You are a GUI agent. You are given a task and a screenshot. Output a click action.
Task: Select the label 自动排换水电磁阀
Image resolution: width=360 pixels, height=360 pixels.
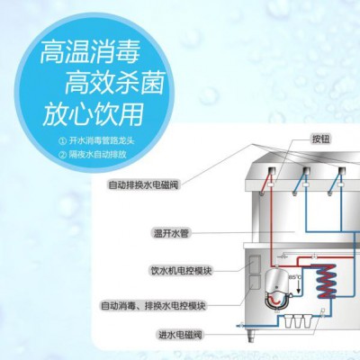click(143, 184)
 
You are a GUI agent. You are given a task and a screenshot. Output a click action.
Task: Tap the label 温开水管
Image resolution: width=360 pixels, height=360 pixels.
click(171, 233)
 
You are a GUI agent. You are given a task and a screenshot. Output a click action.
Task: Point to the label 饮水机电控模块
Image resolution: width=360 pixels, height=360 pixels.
click(180, 271)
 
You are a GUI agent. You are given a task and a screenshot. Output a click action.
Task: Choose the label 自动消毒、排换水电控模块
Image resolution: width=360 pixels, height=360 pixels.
click(153, 306)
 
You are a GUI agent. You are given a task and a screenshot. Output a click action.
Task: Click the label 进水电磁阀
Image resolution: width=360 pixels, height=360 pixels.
click(180, 334)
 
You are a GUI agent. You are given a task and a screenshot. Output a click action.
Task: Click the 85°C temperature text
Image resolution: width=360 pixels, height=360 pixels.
click(294, 276)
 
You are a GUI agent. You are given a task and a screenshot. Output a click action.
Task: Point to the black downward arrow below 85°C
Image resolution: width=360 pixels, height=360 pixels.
click(298, 287)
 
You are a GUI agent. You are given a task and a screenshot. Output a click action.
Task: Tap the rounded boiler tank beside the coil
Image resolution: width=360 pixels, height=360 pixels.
click(277, 289)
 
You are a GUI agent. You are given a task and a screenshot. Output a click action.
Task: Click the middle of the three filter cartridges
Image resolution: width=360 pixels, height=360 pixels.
click(297, 321)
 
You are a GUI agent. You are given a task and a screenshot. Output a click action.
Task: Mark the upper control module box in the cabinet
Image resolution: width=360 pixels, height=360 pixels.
click(255, 264)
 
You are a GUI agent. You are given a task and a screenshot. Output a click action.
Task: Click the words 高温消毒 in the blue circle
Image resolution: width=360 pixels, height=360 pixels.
click(90, 52)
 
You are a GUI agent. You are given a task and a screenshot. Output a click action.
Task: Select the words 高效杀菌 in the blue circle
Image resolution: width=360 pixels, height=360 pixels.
click(114, 84)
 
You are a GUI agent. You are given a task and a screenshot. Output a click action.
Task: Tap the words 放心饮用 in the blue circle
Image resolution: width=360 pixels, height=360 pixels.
click(93, 115)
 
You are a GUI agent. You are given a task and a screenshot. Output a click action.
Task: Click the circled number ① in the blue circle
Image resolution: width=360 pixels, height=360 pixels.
click(63, 140)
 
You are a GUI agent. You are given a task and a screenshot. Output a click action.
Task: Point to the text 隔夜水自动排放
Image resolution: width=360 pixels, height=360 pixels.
click(97, 155)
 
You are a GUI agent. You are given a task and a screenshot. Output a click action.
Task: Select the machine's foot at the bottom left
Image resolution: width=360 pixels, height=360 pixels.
click(252, 335)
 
